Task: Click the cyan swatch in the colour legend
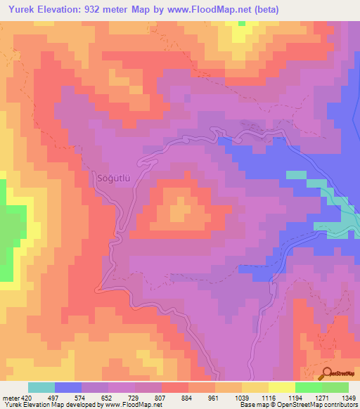[x=41, y=387]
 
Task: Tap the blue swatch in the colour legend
[x=68, y=387]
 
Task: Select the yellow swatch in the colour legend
[x=282, y=387]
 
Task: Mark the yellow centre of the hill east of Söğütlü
[x=181, y=207]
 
